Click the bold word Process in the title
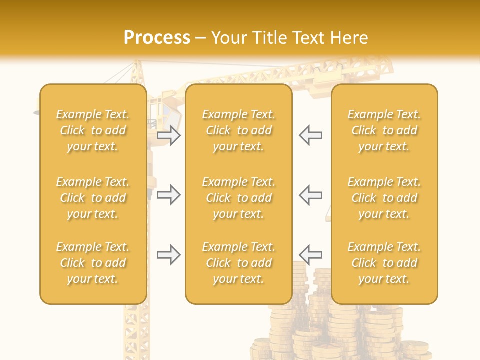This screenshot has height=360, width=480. pyautogui.click(x=157, y=38)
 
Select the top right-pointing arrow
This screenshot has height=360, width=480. pyautogui.click(x=169, y=135)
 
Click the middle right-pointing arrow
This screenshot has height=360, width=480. pyautogui.click(x=169, y=195)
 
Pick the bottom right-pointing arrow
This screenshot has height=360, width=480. pyautogui.click(x=169, y=255)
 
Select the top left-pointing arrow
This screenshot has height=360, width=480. pyautogui.click(x=310, y=135)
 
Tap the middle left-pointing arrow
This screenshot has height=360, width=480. pyautogui.click(x=310, y=195)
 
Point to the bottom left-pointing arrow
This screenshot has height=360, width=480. pyautogui.click(x=310, y=255)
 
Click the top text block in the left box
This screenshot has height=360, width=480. pyautogui.click(x=93, y=130)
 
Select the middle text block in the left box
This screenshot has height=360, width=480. pyautogui.click(x=93, y=198)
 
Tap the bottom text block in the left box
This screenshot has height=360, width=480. pyautogui.click(x=93, y=263)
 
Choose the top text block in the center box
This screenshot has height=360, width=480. pyautogui.click(x=239, y=130)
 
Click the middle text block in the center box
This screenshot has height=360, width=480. pyautogui.click(x=239, y=198)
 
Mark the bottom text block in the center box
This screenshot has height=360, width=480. pyautogui.click(x=239, y=263)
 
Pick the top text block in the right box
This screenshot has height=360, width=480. pyautogui.click(x=384, y=130)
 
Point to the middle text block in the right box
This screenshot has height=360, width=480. pyautogui.click(x=384, y=198)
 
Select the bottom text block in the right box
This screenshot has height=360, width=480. pyautogui.click(x=384, y=263)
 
